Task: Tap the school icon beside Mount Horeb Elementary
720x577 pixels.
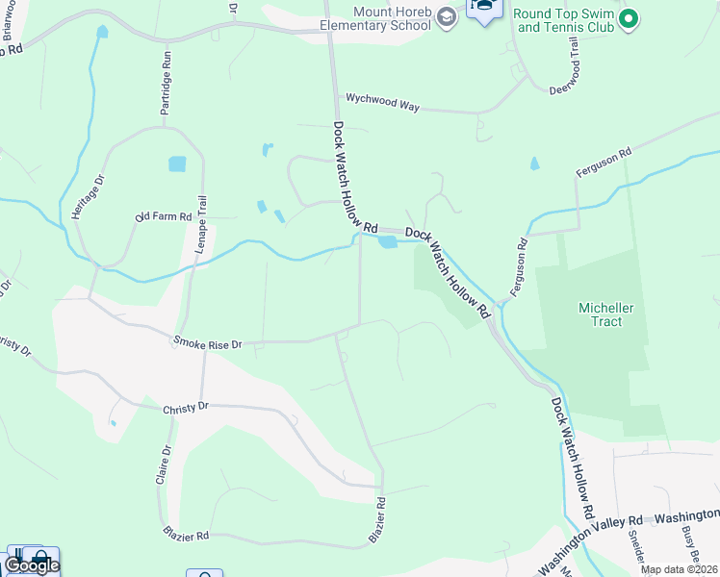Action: pyautogui.click(x=447, y=16)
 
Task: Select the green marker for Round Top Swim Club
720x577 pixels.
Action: pyautogui.click(x=629, y=17)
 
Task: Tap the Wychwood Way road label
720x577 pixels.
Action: pyautogui.click(x=383, y=102)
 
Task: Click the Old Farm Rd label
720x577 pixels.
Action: pyautogui.click(x=164, y=217)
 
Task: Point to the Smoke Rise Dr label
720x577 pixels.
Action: pyautogui.click(x=207, y=342)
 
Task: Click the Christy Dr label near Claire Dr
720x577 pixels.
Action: pyautogui.click(x=186, y=407)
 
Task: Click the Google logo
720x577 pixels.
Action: pyautogui.click(x=31, y=564)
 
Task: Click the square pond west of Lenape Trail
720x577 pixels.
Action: pyautogui.click(x=177, y=164)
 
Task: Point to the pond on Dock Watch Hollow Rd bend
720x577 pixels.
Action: pyautogui.click(x=388, y=242)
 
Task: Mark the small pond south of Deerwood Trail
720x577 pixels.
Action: pyautogui.click(x=534, y=164)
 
